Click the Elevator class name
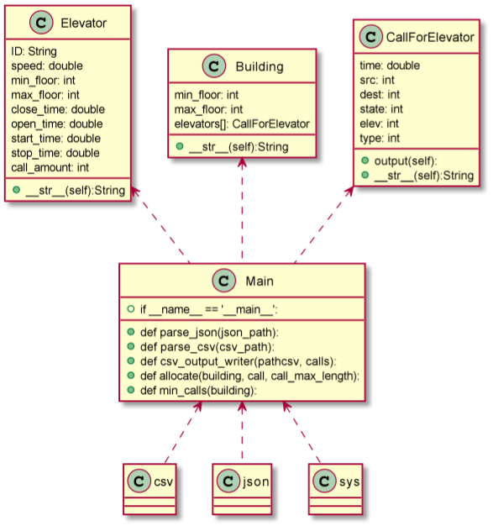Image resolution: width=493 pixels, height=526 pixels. [x=82, y=23]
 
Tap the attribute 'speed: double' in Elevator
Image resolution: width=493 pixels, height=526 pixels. [x=46, y=65]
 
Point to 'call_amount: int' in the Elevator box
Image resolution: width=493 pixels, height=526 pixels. [x=50, y=167]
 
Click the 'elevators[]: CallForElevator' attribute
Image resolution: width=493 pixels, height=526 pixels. [x=242, y=124]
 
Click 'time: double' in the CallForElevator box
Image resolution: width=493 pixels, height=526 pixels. [x=390, y=65]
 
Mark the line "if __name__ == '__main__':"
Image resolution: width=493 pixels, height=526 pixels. [x=207, y=308]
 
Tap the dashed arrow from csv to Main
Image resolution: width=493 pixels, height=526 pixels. [x=183, y=432]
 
